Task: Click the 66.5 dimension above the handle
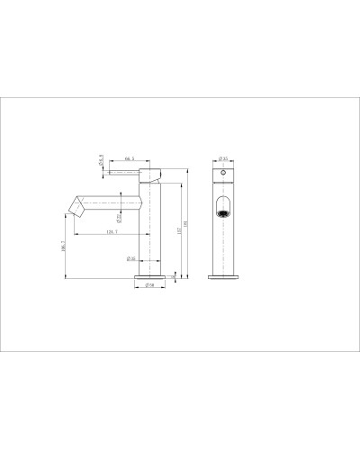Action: [x=130, y=158]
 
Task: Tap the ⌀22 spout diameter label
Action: [x=120, y=215]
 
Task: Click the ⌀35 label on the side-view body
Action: [x=131, y=258]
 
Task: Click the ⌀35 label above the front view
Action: [x=224, y=158]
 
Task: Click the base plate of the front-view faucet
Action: [x=224, y=274]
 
